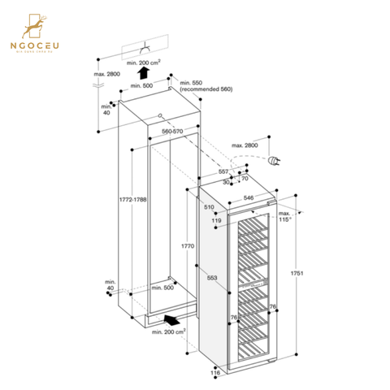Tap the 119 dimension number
(x=216, y=219)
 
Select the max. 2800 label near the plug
(x=245, y=145)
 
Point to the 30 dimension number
(x=226, y=182)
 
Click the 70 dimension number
(x=243, y=179)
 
